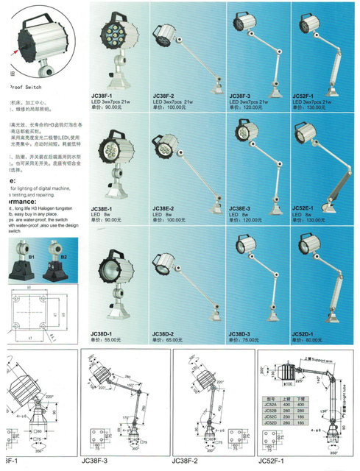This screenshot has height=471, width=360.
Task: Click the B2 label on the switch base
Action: (63, 257)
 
